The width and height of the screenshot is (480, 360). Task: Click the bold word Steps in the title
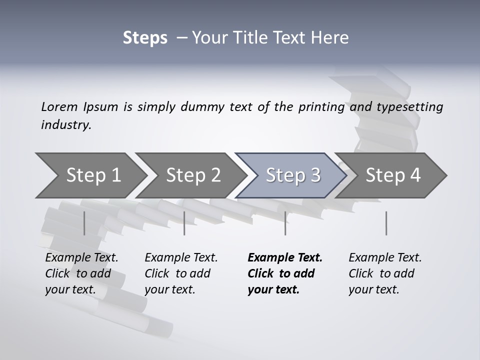coord(145,38)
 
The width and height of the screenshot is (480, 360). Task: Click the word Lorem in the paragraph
coord(59,107)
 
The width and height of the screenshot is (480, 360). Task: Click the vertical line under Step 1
coord(84,223)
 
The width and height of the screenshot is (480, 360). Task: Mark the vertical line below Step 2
coord(184,223)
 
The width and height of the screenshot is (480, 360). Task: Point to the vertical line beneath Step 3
coord(285,223)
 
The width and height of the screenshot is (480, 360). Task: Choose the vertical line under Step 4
coord(386,223)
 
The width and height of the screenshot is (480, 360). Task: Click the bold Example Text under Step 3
coord(285,258)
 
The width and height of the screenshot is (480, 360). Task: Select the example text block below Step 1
coord(81,273)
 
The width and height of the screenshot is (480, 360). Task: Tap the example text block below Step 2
coord(181,273)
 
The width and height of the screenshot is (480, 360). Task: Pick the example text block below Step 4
coord(385,273)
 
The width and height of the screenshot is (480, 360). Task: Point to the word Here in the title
coord(331,38)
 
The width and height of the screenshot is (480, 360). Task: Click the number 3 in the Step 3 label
coord(315,175)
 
